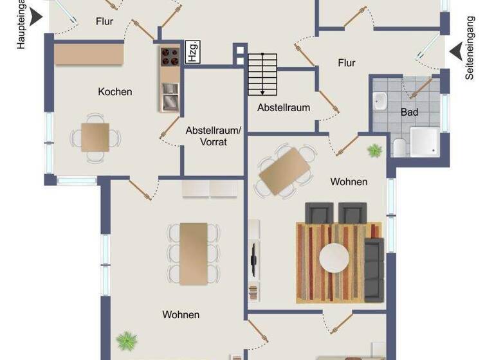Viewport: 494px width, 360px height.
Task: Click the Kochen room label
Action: point(115,92)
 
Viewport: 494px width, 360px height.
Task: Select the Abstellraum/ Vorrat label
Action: point(213,136)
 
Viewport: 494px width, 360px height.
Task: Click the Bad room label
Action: point(410,112)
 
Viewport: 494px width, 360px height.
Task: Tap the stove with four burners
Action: point(170,57)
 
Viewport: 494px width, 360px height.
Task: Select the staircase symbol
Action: point(262,73)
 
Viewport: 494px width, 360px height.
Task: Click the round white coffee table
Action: point(334,258)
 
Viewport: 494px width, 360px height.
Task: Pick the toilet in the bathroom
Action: point(398,147)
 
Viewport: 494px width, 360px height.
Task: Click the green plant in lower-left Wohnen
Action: point(127,339)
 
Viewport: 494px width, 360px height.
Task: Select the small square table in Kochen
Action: point(95,137)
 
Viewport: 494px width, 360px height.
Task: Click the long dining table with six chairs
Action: point(194,253)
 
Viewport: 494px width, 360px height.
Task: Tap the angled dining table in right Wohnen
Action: point(285,171)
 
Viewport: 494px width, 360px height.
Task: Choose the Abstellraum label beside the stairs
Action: point(284,107)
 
